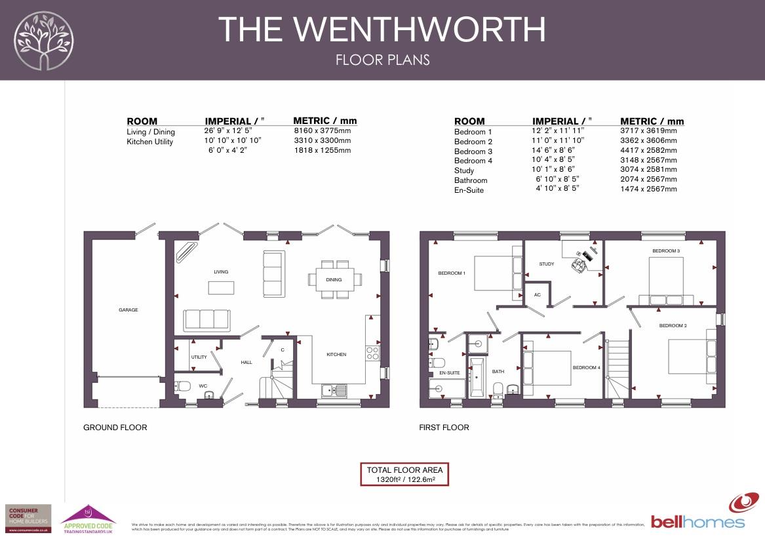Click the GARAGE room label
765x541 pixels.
pos(128,310)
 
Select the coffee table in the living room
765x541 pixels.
pos(222,288)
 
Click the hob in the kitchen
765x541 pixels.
pos(372,353)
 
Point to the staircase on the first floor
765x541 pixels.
pos(618,368)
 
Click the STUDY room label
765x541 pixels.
pos(547,264)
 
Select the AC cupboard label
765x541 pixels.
pos(538,295)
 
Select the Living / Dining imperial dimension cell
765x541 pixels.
pos(228,131)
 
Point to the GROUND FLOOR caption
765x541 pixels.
pos(115,428)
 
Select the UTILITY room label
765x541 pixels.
pos(199,357)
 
